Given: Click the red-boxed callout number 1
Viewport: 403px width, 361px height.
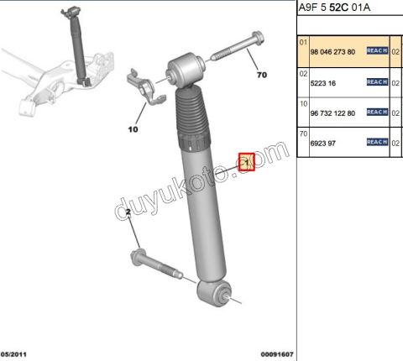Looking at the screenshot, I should coord(247,161).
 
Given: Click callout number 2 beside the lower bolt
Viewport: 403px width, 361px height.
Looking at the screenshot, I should coord(128,215).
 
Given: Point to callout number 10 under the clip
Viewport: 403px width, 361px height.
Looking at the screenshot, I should coord(132,130).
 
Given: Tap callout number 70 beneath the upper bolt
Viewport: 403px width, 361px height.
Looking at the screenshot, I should coord(261,76).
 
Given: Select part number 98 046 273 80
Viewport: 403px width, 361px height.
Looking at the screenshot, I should coord(333,52).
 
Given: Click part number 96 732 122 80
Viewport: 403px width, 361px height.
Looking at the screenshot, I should coord(333,112).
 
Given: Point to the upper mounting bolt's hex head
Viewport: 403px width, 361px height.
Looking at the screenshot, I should coord(255,38).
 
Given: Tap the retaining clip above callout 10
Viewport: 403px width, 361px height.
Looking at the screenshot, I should coord(142,90).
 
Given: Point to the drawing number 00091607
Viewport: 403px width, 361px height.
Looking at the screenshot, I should coord(276,354).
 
